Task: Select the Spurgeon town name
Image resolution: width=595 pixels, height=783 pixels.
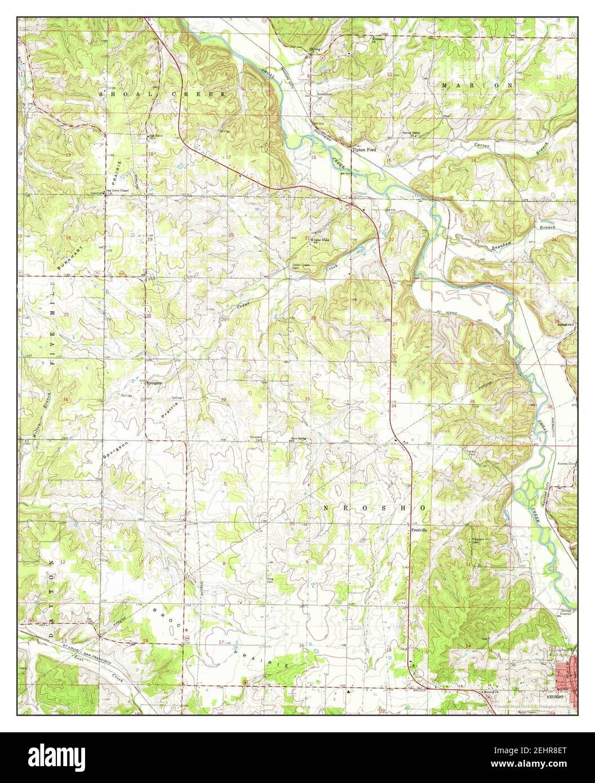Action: tap(154, 382)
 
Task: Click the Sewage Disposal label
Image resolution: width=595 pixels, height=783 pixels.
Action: tap(570, 613)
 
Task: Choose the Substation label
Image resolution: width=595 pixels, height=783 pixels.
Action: tap(325, 94)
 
